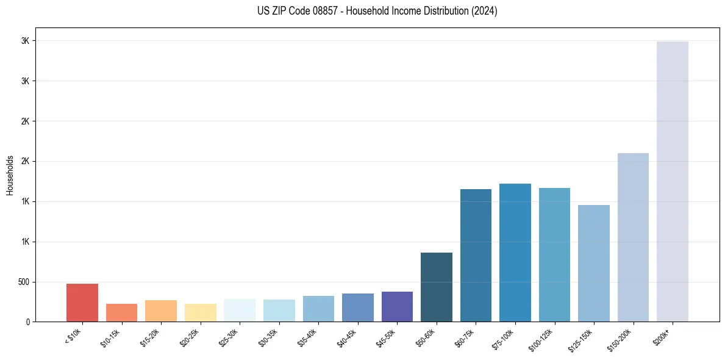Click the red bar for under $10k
click(x=82, y=303)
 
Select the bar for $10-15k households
click(x=121, y=312)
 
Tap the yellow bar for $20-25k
click(x=200, y=312)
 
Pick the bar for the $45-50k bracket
click(x=397, y=306)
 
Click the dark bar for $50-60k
click(x=437, y=287)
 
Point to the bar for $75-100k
click(x=515, y=253)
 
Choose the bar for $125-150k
click(x=594, y=263)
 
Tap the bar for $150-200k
click(x=633, y=237)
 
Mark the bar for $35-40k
click(x=318, y=309)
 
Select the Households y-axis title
click(x=10, y=175)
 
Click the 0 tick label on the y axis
click(x=27, y=322)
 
